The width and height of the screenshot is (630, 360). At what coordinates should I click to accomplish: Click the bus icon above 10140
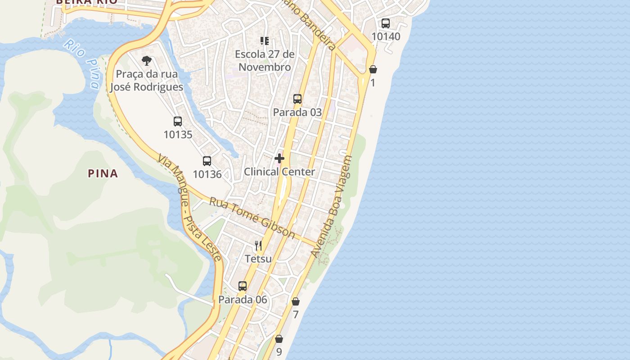[386, 23]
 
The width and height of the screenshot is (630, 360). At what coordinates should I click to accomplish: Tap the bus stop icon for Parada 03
[297, 99]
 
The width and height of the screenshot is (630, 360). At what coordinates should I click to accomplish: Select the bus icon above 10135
[178, 121]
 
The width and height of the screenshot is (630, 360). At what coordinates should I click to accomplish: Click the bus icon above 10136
[207, 161]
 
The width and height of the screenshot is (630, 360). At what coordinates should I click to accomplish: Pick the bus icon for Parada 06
[243, 286]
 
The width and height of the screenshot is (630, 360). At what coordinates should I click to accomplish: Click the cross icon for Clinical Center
[279, 158]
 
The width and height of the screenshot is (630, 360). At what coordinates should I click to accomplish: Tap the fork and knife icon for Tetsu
[258, 245]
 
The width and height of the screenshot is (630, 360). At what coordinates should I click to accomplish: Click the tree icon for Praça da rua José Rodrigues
[147, 61]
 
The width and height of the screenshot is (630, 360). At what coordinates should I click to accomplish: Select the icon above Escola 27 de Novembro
[265, 41]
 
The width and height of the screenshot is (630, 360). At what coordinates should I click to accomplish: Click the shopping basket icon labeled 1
[373, 69]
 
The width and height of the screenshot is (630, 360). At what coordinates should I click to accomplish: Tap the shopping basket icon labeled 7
[296, 301]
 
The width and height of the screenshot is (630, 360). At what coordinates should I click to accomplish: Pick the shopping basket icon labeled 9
[279, 339]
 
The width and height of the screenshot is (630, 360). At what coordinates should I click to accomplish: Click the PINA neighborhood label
[103, 174]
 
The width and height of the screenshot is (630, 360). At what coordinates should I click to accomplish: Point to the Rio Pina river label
[82, 63]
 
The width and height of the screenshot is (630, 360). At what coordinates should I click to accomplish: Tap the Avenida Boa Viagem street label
[332, 207]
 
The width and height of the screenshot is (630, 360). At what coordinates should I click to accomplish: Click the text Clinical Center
[279, 172]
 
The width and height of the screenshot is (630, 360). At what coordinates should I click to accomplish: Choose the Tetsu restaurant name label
[258, 259]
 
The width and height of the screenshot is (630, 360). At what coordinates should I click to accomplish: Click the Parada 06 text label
[243, 300]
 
